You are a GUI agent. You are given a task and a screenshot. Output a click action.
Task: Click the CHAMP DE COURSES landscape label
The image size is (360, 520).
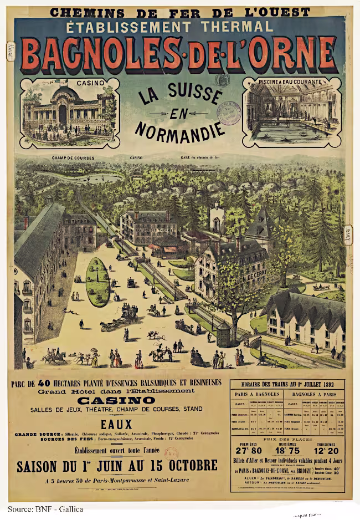pos(73,158)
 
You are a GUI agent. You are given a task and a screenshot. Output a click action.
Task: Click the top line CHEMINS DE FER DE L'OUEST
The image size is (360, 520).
pos(180,11)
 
